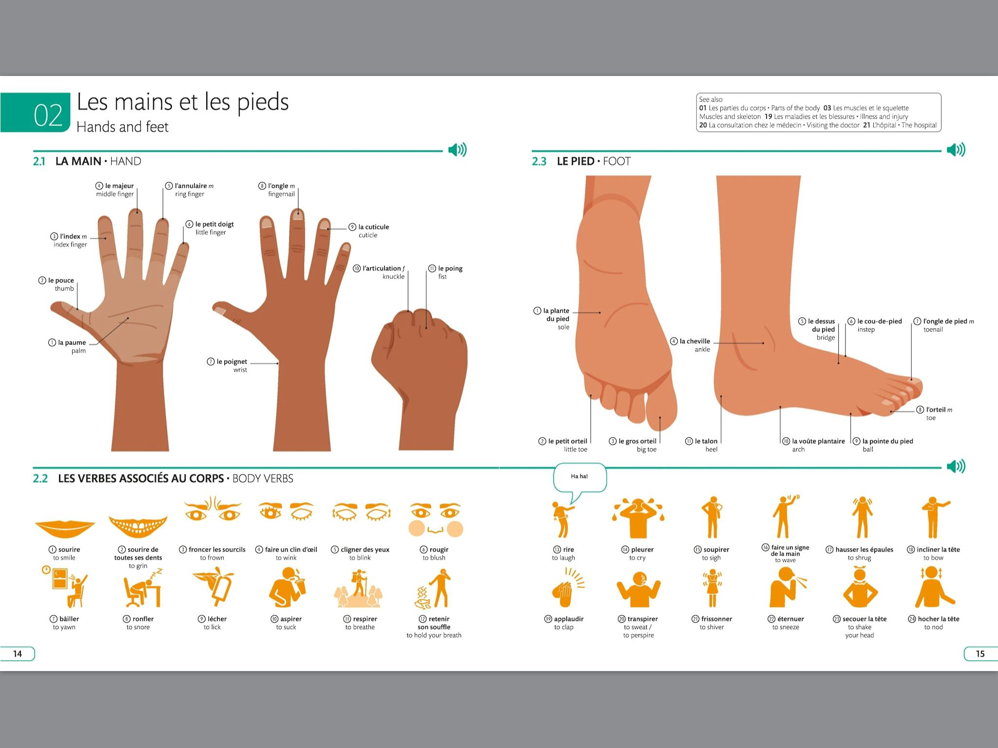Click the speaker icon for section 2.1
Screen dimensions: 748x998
457,150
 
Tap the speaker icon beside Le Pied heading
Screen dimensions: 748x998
956,150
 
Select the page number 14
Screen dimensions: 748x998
18,654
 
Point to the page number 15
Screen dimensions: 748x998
980,654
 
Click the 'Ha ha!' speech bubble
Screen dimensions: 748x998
579,477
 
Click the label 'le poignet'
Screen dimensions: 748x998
231,362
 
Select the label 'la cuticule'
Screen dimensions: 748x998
373,227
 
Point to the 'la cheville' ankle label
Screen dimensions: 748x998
694,341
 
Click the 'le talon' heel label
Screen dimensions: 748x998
706,441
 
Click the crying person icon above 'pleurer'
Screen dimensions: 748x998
638,517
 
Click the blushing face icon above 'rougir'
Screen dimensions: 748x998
435,520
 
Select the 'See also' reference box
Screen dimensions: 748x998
818,112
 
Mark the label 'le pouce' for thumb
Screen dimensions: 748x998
61,280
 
